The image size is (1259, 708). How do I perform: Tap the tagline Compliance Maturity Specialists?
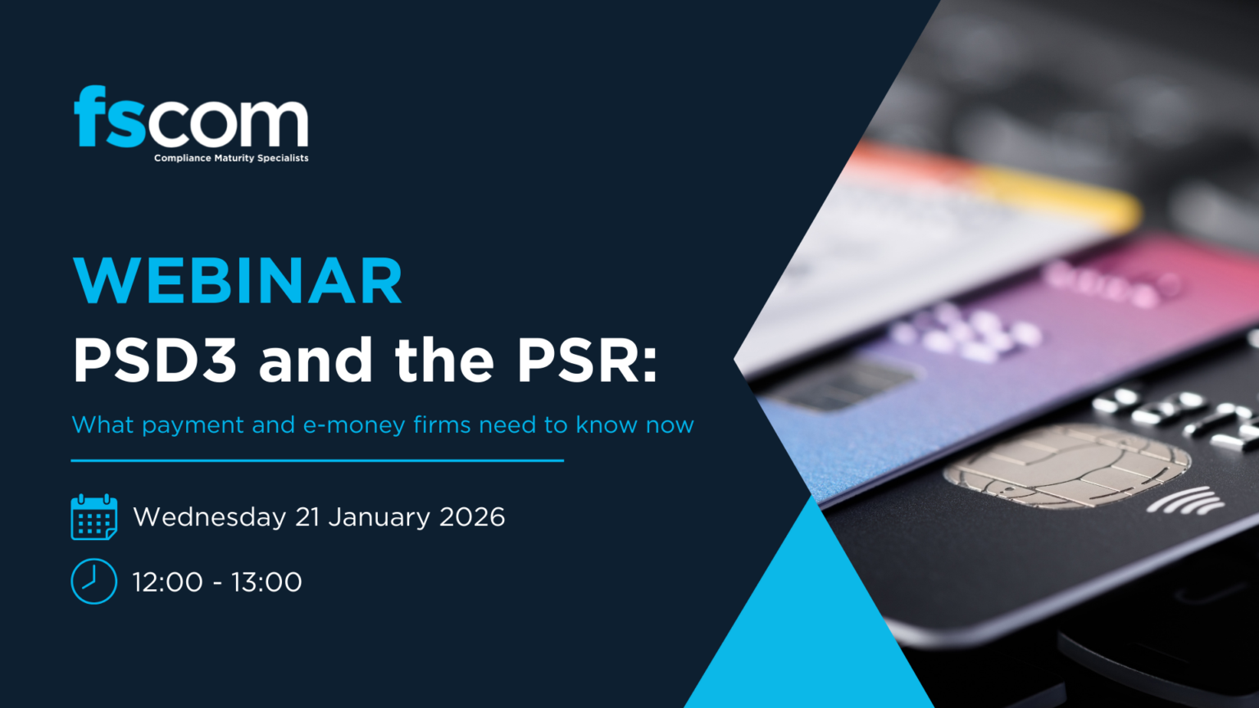231,158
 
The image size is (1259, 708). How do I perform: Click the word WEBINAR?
238,281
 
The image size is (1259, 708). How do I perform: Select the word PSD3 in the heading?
155,361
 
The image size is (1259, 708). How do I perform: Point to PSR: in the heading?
587,361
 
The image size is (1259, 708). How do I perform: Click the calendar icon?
93,517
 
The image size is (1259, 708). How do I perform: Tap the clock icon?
93,582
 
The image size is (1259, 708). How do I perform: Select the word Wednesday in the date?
209,517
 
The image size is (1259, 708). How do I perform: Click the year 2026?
472,517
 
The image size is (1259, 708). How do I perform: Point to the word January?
379,517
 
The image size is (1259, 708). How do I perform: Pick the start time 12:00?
167,582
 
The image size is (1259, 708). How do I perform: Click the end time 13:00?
266,582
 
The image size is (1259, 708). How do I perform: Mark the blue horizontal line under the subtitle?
317,461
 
